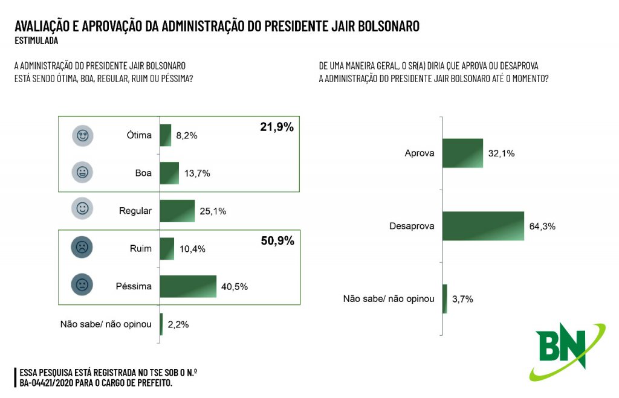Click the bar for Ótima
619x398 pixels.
point(165,135)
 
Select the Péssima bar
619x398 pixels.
point(187,286)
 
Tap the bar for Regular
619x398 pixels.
point(177,211)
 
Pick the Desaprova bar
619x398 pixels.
point(483,226)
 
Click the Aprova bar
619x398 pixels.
point(462,153)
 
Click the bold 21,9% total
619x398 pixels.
point(277,127)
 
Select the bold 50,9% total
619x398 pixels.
point(277,241)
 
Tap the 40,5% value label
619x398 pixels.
point(235,286)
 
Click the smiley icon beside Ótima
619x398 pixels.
point(83,135)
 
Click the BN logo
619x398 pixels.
point(562,350)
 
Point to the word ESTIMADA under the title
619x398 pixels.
point(36,41)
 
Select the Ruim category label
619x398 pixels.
point(140,248)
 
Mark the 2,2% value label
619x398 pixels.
point(178,324)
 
